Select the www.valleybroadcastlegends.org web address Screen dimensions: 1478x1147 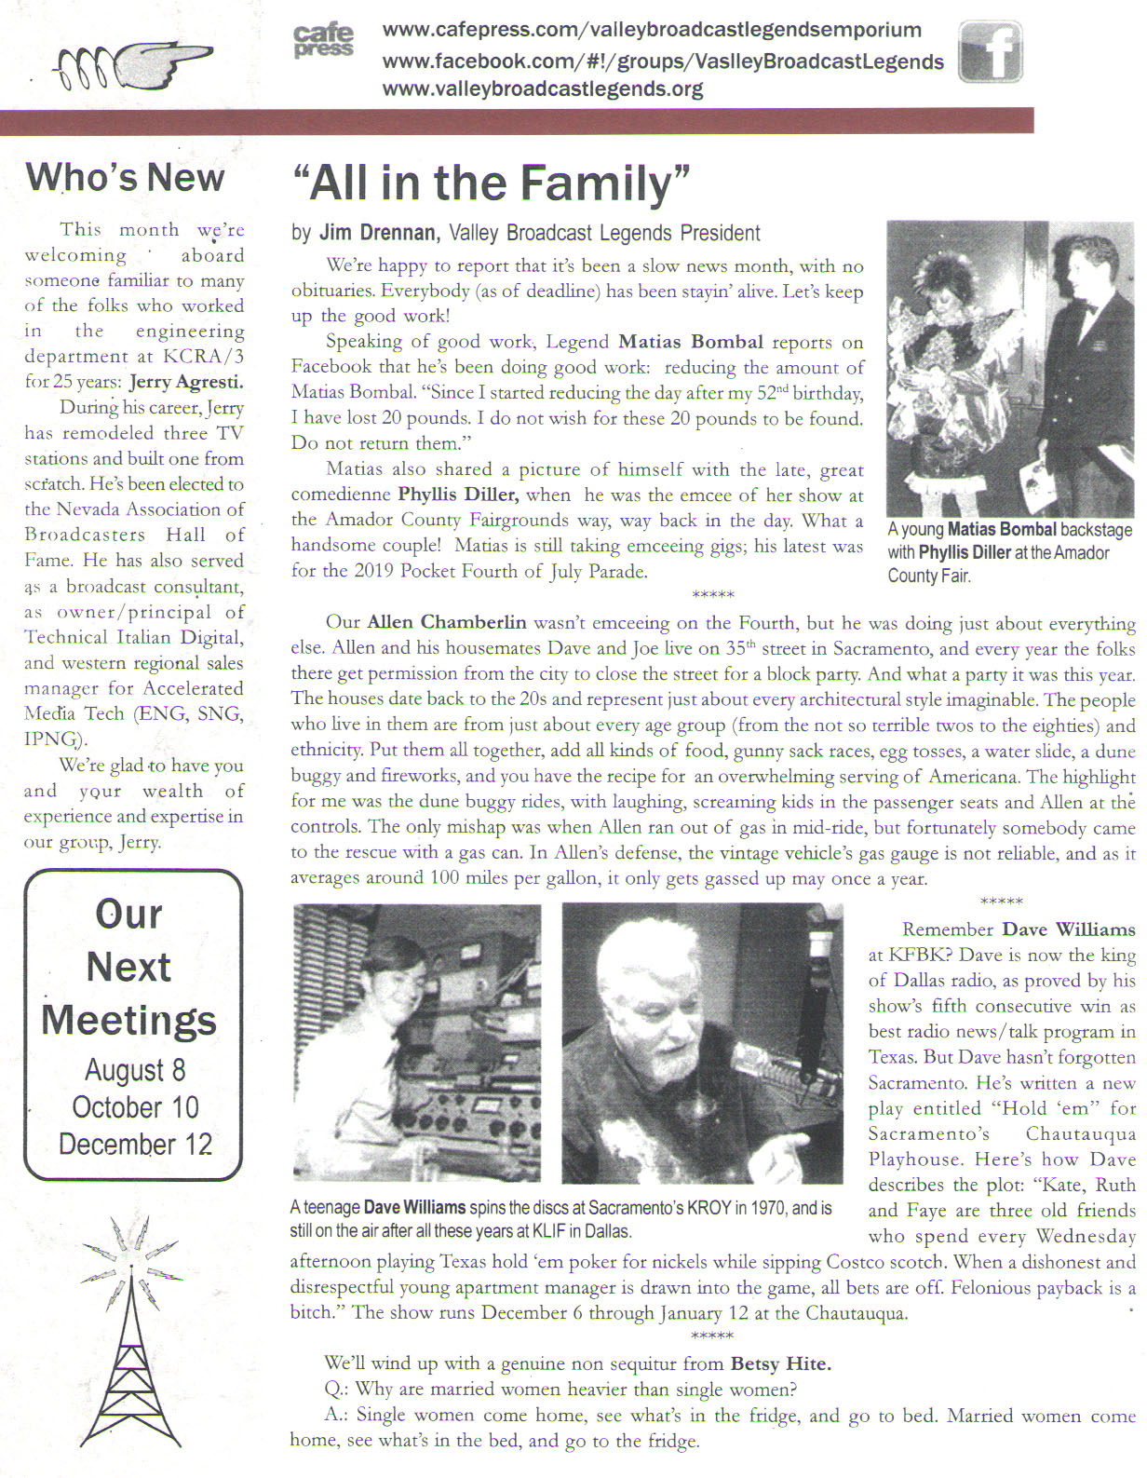(542, 89)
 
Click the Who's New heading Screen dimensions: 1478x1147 (125, 177)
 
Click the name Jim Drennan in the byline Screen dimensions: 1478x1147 (379, 233)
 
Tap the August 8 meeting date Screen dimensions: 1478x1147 (135, 1070)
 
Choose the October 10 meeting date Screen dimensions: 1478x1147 (135, 1107)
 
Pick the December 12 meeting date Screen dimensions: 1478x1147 (135, 1145)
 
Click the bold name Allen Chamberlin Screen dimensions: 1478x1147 (447, 622)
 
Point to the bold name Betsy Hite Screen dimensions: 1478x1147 (780, 1364)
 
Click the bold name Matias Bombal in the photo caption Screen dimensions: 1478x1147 (1002, 530)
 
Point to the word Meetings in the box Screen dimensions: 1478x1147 (129, 1020)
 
